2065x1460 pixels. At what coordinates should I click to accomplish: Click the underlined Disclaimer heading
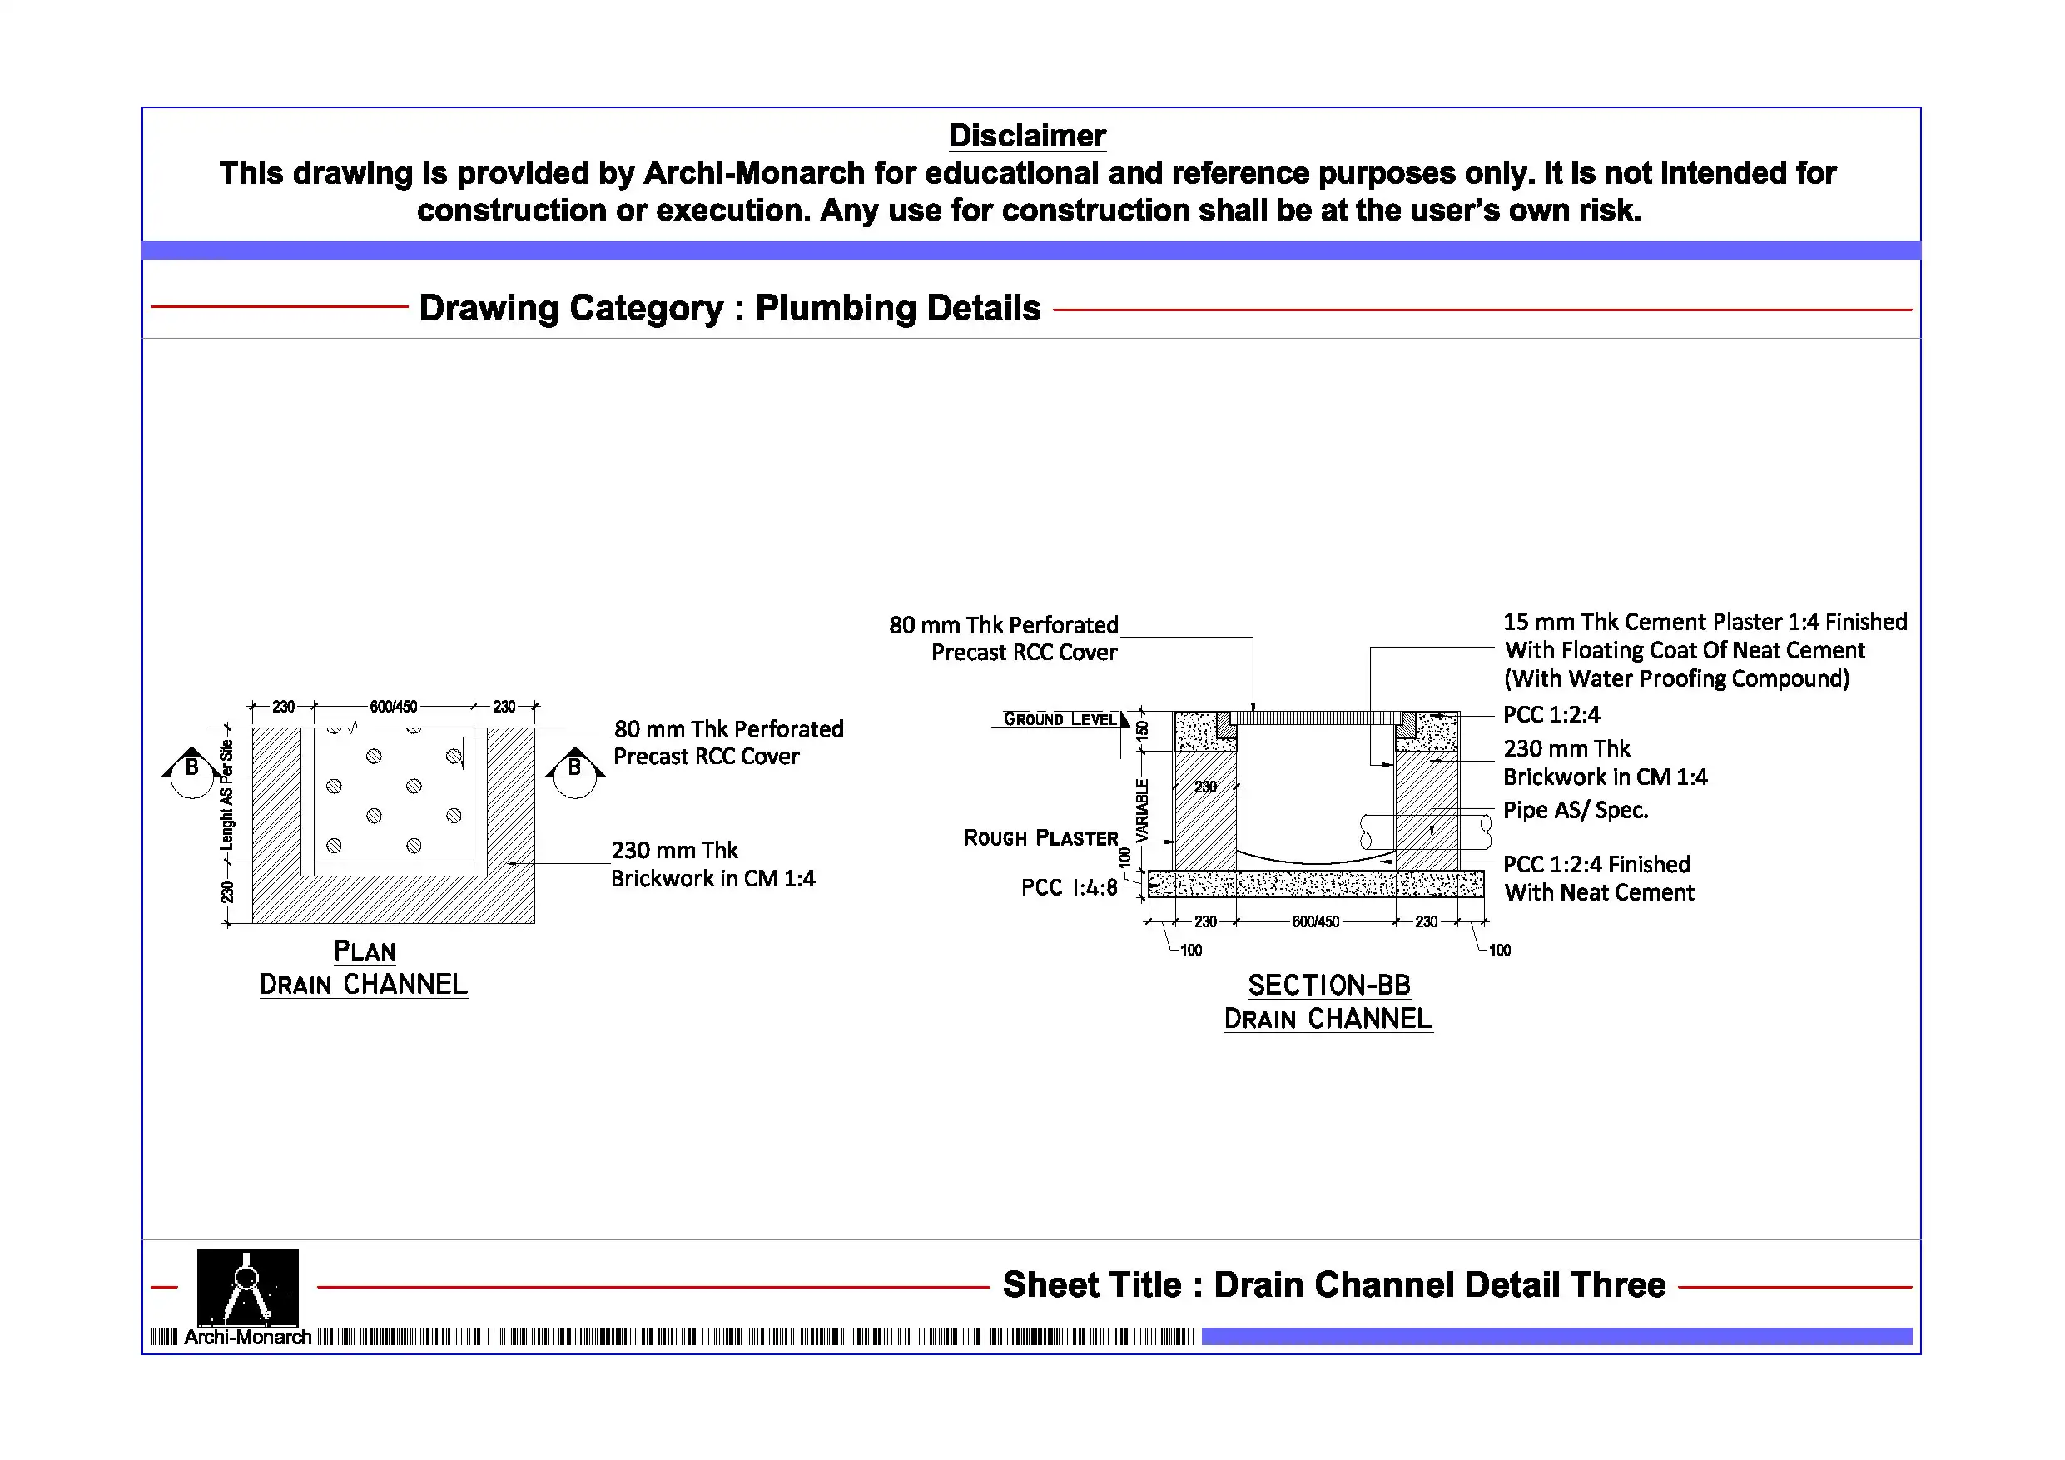pos(1026,136)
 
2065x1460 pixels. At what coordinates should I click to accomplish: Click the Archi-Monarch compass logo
pos(247,1286)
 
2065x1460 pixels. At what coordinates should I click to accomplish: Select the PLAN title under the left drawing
pos(365,951)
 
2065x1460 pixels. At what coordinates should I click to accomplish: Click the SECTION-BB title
pos(1328,985)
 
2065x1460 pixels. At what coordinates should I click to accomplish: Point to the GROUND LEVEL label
pos(1060,718)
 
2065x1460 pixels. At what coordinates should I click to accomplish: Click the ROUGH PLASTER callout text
pos(1040,837)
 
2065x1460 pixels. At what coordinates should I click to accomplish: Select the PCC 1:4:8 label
pos(1069,888)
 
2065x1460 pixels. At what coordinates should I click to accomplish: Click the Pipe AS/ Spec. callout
pos(1575,810)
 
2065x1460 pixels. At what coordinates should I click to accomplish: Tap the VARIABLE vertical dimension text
pos(1142,810)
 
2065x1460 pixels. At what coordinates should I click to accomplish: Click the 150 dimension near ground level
pos(1142,729)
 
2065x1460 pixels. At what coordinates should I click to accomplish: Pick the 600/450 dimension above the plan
pos(393,706)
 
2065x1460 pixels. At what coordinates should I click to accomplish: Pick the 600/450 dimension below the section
pos(1315,921)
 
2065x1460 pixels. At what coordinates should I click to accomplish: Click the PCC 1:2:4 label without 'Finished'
pos(1551,714)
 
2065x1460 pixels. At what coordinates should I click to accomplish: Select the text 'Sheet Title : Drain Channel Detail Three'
pos(1333,1284)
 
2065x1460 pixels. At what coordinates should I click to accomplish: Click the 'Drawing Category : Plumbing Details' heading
pos(729,308)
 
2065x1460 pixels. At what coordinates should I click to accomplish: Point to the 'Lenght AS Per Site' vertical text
pos(226,795)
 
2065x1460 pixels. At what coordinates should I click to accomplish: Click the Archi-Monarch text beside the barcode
pos(247,1337)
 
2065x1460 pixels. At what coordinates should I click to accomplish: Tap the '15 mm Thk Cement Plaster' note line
pos(1705,622)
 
